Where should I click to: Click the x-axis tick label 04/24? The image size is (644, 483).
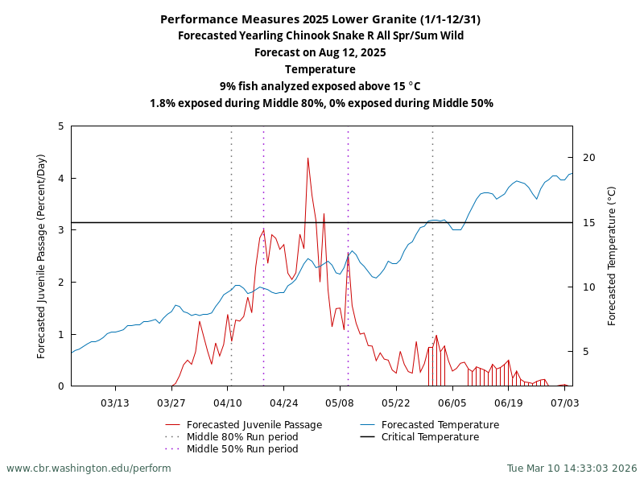(x=283, y=402)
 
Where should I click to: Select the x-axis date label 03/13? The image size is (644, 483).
(x=115, y=402)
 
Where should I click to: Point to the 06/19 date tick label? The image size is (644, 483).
(x=509, y=402)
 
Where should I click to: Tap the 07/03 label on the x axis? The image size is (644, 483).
(x=565, y=402)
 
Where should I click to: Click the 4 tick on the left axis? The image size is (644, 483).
(x=61, y=178)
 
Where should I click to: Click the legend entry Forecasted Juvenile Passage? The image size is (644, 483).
(x=254, y=425)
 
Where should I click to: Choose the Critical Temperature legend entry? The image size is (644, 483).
(x=430, y=437)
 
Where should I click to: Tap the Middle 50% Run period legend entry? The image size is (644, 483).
(x=242, y=449)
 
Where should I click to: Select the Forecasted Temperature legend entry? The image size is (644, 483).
(x=440, y=425)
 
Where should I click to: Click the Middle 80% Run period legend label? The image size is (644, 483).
(x=242, y=437)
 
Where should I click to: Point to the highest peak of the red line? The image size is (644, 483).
(x=308, y=158)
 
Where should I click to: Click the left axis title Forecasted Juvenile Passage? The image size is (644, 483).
(x=42, y=256)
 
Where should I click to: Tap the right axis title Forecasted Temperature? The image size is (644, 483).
(x=612, y=256)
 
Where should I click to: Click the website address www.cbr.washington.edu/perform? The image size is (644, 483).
(x=89, y=468)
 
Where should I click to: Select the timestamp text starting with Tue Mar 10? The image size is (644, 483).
(x=572, y=468)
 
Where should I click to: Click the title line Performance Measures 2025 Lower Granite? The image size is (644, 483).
(x=320, y=19)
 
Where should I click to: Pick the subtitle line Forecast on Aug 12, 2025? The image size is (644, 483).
(x=320, y=52)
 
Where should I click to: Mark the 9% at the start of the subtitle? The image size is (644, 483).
(x=228, y=86)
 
